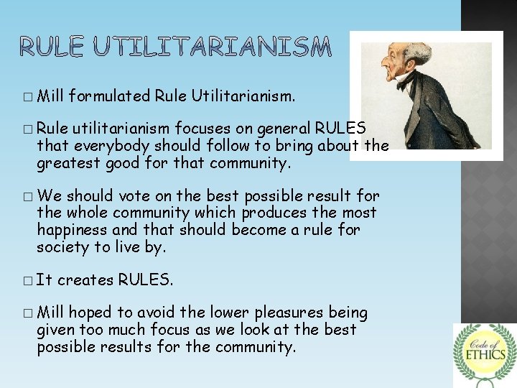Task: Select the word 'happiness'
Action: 72,230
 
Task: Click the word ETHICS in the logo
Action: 485,354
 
